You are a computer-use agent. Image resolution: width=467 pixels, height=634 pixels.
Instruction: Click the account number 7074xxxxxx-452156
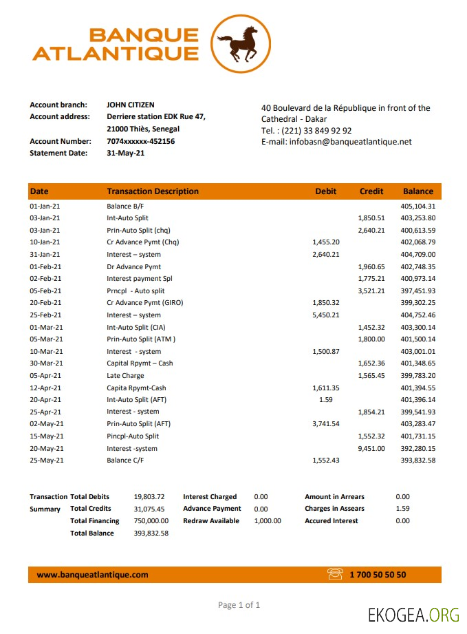coord(140,141)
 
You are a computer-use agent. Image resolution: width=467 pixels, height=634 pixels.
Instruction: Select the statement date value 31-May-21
coord(125,153)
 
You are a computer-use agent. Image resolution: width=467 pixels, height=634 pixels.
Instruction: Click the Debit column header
coord(326,191)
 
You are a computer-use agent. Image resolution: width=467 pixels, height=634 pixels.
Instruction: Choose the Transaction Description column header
coord(152,191)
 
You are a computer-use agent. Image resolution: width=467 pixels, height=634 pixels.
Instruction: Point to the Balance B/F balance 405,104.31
coord(417,206)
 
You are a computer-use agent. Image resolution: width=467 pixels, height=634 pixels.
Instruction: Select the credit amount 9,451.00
coord(371,448)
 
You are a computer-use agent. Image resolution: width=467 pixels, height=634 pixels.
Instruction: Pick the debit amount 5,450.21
coord(326,315)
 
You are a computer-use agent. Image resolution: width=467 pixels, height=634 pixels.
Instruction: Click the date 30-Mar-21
coord(46,363)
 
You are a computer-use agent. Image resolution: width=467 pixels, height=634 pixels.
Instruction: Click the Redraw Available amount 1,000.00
coord(267,521)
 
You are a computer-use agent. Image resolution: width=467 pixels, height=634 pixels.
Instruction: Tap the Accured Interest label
coord(331,521)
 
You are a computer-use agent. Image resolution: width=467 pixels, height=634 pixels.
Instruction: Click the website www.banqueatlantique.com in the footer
coord(92,574)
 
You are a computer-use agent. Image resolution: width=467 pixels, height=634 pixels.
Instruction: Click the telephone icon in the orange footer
coord(335,574)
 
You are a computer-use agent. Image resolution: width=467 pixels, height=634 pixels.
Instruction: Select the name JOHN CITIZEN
coord(130,105)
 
